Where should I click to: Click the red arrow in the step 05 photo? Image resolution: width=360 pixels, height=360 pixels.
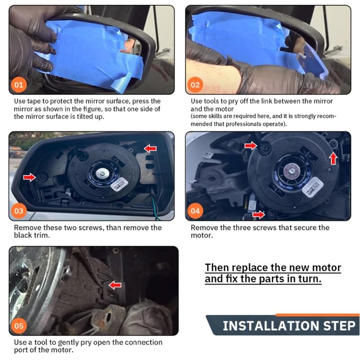[x=115, y=284]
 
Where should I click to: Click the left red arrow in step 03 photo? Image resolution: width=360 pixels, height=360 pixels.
[x=29, y=177]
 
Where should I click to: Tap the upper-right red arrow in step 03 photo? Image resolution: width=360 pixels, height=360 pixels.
[x=150, y=148]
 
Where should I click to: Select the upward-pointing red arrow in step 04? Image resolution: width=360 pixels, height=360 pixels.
[x=333, y=158]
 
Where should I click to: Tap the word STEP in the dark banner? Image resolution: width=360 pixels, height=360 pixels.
[x=335, y=325]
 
